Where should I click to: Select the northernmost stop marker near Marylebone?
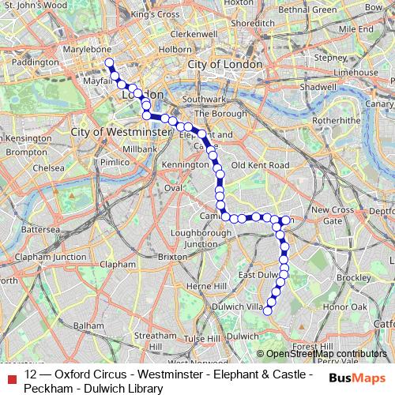(x=108, y=62)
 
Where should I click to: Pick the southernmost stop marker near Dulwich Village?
(x=267, y=310)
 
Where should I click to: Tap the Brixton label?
(x=173, y=257)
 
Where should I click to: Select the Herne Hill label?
(x=205, y=285)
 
